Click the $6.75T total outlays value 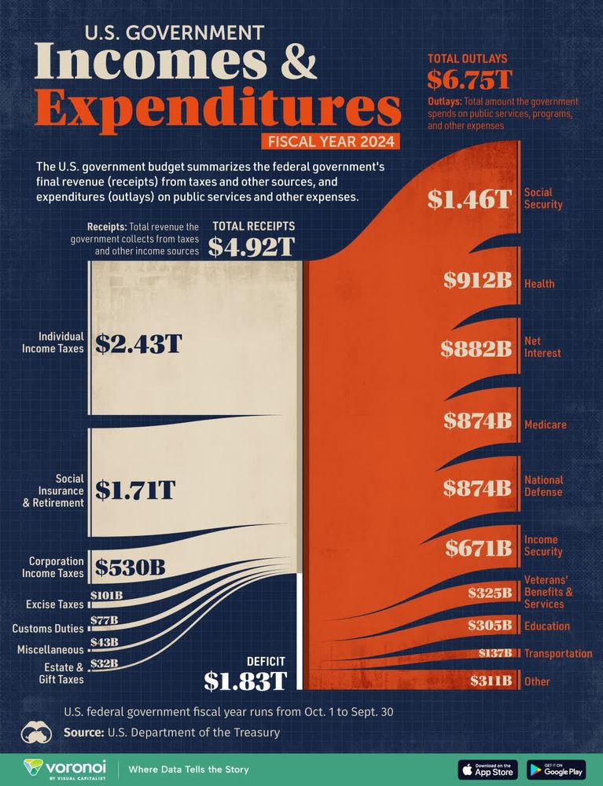tap(459, 79)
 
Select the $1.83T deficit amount tap(245, 681)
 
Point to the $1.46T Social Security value tap(469, 199)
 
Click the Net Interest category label tap(542, 347)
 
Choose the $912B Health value tap(477, 281)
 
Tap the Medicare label tap(545, 425)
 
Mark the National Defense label tap(543, 486)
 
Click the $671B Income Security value tap(479, 547)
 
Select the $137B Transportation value tap(495, 653)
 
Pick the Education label tap(546, 626)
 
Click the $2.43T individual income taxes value tap(138, 343)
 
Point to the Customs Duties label tap(48, 628)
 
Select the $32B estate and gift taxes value tap(104, 663)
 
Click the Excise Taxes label tap(54, 604)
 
